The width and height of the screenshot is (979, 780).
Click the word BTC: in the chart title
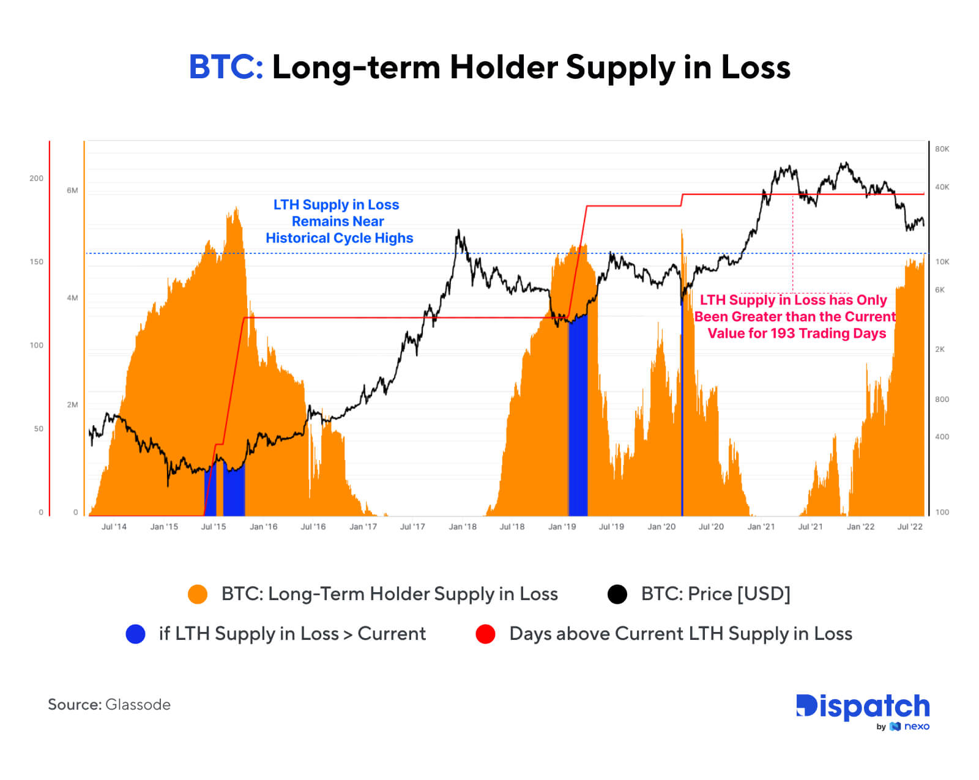coord(226,67)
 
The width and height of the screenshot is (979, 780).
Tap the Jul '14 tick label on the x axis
coord(114,527)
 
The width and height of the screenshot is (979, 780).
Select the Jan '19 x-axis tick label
coord(562,527)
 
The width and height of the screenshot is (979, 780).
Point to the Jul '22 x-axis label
coord(910,527)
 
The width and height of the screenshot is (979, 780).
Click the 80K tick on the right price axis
coord(942,149)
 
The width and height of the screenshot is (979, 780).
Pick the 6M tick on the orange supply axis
coord(72,190)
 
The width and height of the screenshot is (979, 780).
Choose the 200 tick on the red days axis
coord(37,179)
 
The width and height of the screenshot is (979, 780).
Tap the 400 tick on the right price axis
coord(942,437)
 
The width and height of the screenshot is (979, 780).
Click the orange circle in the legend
coord(198,594)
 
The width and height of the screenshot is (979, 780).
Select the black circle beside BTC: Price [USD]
coord(617,594)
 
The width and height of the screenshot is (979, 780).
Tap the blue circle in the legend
coord(135,634)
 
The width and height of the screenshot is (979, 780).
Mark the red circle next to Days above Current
coord(485,634)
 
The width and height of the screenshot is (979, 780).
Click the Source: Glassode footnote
coord(110,705)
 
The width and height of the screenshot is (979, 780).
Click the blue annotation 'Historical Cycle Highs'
coord(340,238)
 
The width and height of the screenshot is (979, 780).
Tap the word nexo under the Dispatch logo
coord(917,726)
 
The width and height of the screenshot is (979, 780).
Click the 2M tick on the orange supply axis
coord(72,405)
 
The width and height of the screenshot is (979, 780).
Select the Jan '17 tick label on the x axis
coord(363,527)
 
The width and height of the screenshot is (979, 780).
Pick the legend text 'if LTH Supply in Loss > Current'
coord(292,634)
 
